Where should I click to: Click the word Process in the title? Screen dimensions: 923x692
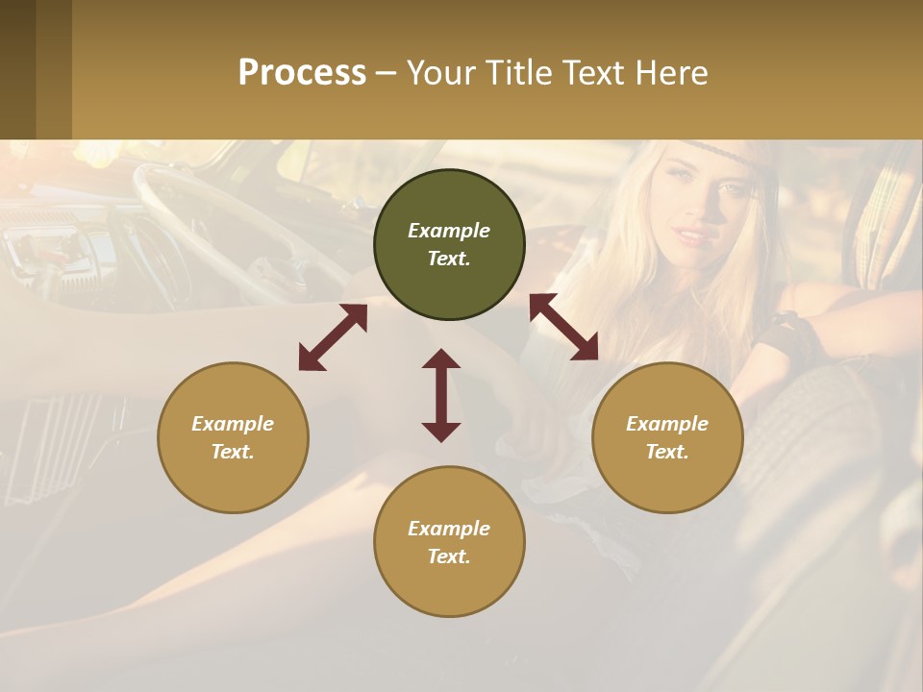pos(302,73)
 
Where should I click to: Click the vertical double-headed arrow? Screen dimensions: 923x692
pos(441,395)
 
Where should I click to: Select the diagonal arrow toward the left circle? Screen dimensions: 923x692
pos(333,337)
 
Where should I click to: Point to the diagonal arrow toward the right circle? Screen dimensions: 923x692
pos(564,327)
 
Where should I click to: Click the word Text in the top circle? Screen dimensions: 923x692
pos(449,259)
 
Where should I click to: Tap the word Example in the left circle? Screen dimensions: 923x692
pos(233,424)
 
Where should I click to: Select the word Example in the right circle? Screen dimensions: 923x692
pos(667,424)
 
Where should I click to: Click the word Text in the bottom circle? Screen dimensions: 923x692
pos(449,556)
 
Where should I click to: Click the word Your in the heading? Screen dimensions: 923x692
pos(437,73)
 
